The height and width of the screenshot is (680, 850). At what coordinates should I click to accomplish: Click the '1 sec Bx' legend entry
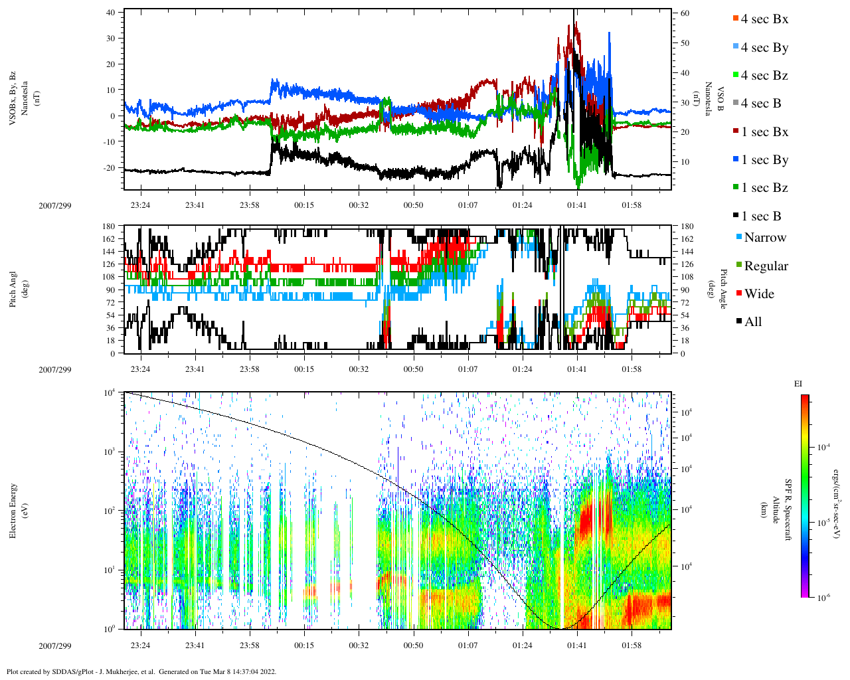(x=764, y=132)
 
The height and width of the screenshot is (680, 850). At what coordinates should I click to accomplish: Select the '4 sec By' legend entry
(x=764, y=48)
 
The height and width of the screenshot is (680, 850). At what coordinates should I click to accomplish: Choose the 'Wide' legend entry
(x=759, y=294)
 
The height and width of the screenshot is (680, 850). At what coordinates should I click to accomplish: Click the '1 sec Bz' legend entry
(x=764, y=188)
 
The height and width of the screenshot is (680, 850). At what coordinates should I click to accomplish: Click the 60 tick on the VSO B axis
(x=685, y=13)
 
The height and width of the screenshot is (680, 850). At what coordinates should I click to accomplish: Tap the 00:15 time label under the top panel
(x=304, y=205)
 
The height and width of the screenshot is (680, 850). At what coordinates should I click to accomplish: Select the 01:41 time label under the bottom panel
(x=576, y=645)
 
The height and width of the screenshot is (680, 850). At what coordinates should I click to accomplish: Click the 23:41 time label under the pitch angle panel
(x=195, y=369)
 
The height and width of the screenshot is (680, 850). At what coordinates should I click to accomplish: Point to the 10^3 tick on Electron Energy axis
(x=109, y=452)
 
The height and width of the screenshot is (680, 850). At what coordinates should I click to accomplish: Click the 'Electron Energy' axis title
(x=13, y=510)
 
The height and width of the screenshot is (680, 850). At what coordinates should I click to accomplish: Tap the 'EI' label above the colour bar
(x=798, y=384)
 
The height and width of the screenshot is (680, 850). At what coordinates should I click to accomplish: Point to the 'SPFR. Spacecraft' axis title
(x=788, y=510)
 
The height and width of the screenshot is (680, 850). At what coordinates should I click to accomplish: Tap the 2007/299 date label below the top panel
(x=54, y=205)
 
